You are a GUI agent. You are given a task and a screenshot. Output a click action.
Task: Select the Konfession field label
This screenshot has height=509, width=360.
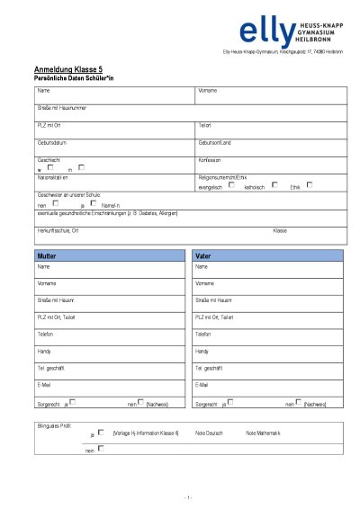tap(211, 160)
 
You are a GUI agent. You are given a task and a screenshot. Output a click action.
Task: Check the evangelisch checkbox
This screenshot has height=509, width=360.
tap(231, 184)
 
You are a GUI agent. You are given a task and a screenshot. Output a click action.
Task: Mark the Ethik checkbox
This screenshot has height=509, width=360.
tap(309, 184)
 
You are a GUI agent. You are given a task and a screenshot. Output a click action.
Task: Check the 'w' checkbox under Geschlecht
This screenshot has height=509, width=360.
tap(50, 167)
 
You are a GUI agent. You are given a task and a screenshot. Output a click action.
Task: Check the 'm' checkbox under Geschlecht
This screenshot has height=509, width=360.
tap(81, 167)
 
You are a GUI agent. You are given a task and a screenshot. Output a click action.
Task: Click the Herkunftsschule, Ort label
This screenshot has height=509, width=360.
tap(58, 230)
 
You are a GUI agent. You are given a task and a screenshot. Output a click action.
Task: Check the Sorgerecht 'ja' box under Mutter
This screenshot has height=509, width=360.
tap(72, 402)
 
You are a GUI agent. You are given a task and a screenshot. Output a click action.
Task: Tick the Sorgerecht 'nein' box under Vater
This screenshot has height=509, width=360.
tap(301, 402)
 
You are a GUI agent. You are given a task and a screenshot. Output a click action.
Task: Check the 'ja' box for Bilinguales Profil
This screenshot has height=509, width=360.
tap(101, 431)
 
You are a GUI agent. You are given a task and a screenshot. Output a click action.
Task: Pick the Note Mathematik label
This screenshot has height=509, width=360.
tap(264, 433)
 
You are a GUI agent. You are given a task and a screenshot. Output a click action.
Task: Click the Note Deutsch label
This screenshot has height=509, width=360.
tap(209, 433)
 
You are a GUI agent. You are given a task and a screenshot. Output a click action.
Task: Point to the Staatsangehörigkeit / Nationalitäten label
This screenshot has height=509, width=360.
tap(52, 178)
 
